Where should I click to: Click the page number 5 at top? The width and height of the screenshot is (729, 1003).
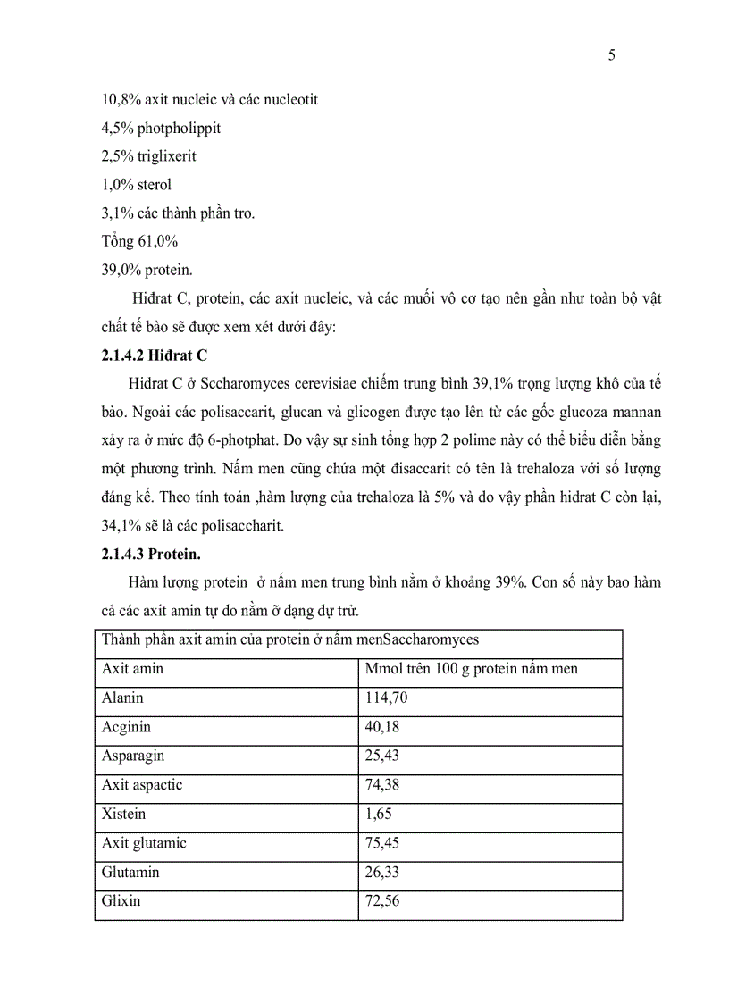coord(611,55)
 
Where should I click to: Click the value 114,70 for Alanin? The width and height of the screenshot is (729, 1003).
coord(387,698)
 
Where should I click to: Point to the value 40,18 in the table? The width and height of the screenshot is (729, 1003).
coord(382,727)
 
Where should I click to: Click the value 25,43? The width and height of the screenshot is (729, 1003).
coord(382,756)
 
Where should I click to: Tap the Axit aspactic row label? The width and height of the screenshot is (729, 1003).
coord(142,785)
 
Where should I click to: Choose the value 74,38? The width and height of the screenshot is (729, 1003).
coord(382,785)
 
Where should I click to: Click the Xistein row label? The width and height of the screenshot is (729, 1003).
coord(124,815)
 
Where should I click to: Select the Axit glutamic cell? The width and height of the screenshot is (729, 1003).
coord(145,843)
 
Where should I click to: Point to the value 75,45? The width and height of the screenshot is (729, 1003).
coord(382,843)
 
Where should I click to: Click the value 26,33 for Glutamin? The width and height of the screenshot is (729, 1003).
coord(382,873)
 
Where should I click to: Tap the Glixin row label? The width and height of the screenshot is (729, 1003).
coord(121,901)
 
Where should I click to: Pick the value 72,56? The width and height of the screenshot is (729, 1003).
coord(382,901)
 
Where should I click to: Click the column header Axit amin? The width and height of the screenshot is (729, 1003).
coord(133,669)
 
